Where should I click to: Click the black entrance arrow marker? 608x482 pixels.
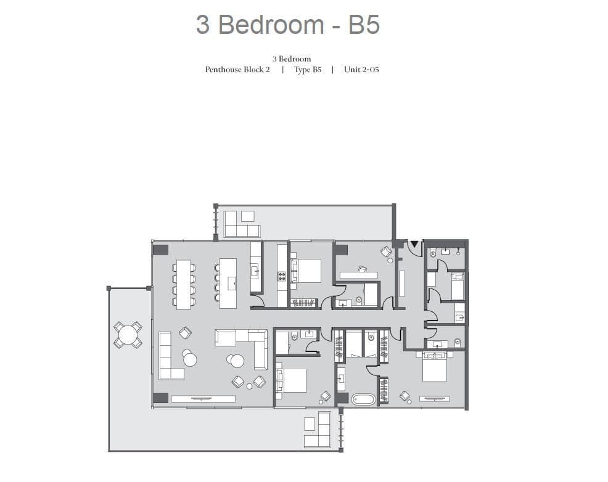click(x=414, y=244)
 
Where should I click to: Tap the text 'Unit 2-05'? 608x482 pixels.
click(x=361, y=70)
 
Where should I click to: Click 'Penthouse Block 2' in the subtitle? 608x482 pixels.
click(x=237, y=70)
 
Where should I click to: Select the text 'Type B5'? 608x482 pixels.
click(x=308, y=70)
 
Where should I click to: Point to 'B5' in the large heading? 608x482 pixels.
click(x=364, y=25)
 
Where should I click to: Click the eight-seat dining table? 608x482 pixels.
click(x=183, y=284)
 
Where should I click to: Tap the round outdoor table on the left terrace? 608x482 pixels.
click(x=128, y=335)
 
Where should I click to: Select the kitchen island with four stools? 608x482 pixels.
click(x=228, y=284)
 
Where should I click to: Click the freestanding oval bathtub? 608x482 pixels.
click(x=364, y=399)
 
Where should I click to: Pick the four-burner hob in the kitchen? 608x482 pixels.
click(x=282, y=276)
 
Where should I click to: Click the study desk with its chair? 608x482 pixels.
click(x=359, y=274)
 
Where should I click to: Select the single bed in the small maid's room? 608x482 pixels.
click(x=458, y=286)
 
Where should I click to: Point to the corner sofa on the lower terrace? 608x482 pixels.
click(x=318, y=430)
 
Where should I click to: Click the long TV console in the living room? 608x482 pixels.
click(x=203, y=399)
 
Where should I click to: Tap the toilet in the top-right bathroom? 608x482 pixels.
click(x=433, y=253)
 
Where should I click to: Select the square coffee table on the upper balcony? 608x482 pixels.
click(x=248, y=216)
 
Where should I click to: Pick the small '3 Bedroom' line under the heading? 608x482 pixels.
click(x=292, y=59)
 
